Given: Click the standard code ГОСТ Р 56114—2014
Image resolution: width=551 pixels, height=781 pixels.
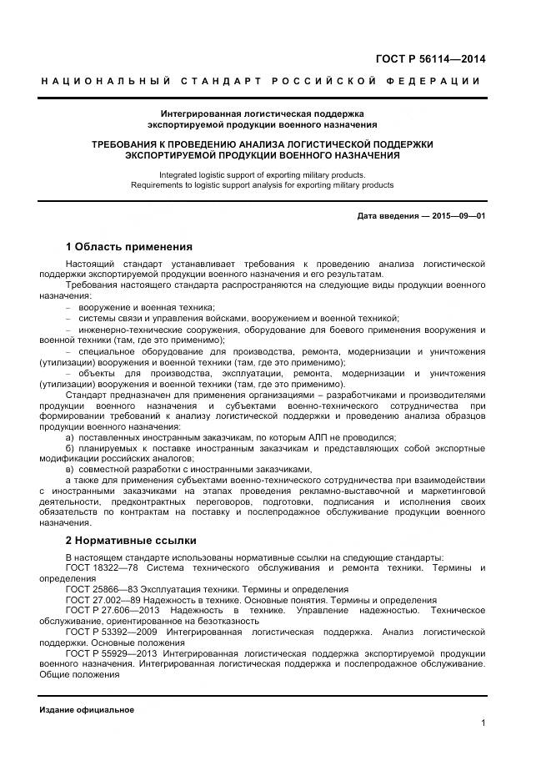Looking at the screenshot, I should (x=432, y=59).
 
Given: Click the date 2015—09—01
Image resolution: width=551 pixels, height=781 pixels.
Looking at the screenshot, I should (x=458, y=216).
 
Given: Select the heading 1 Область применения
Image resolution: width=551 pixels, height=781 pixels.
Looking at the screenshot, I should (x=128, y=246).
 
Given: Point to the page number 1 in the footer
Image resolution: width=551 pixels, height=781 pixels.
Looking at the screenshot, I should (x=483, y=723).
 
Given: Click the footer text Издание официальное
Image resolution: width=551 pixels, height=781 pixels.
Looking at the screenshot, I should (x=87, y=709).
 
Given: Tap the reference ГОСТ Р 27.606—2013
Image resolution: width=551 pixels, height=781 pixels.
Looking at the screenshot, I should (x=107, y=611).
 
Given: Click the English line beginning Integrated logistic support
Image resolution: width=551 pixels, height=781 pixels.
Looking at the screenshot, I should (x=263, y=175).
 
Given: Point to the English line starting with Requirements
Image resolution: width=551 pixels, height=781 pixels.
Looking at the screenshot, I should (x=263, y=185).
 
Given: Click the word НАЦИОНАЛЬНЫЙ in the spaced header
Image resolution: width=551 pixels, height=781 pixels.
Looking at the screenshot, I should (x=106, y=81).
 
